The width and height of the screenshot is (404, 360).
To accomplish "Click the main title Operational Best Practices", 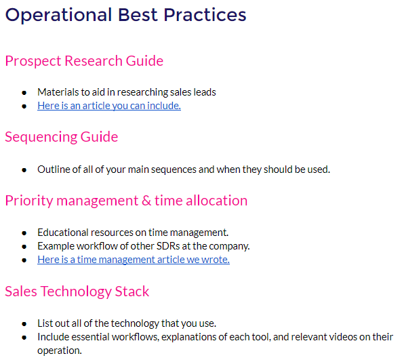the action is pos(125,15).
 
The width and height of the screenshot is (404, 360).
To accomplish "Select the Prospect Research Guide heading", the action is pos(84,61).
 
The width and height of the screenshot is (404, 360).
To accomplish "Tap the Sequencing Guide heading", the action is pos(62,137).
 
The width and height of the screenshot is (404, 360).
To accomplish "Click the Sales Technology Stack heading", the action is pos(77,292).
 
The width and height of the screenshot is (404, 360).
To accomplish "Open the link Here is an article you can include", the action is pos(109,106).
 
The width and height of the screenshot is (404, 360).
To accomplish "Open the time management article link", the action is pos(134,260).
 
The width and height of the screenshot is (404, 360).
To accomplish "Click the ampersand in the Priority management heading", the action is pos(146,201).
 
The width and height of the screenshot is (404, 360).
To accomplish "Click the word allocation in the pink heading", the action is pos(217,201).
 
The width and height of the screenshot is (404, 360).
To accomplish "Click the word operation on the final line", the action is pos(60,351).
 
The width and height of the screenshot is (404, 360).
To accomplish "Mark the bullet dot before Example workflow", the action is pos(24,247).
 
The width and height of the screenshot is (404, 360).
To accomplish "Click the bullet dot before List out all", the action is pos(24,324).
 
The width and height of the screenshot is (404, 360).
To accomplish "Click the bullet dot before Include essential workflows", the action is pos(24,338).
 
